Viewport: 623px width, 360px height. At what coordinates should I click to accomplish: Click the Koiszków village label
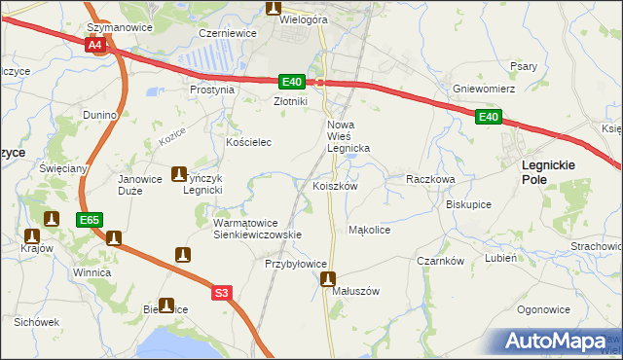click(336, 186)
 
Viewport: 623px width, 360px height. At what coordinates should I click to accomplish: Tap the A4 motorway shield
click(94, 46)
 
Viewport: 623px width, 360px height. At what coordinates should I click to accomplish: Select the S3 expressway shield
click(222, 292)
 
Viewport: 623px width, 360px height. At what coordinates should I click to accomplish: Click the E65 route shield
click(90, 221)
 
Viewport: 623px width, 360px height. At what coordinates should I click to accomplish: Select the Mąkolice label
click(369, 231)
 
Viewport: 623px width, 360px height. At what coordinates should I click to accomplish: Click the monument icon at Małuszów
click(329, 279)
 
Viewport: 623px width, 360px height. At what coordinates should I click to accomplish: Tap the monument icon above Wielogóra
click(274, 8)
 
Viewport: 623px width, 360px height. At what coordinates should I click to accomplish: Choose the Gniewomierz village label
click(483, 89)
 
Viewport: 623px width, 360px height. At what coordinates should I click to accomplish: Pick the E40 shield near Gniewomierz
click(489, 118)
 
